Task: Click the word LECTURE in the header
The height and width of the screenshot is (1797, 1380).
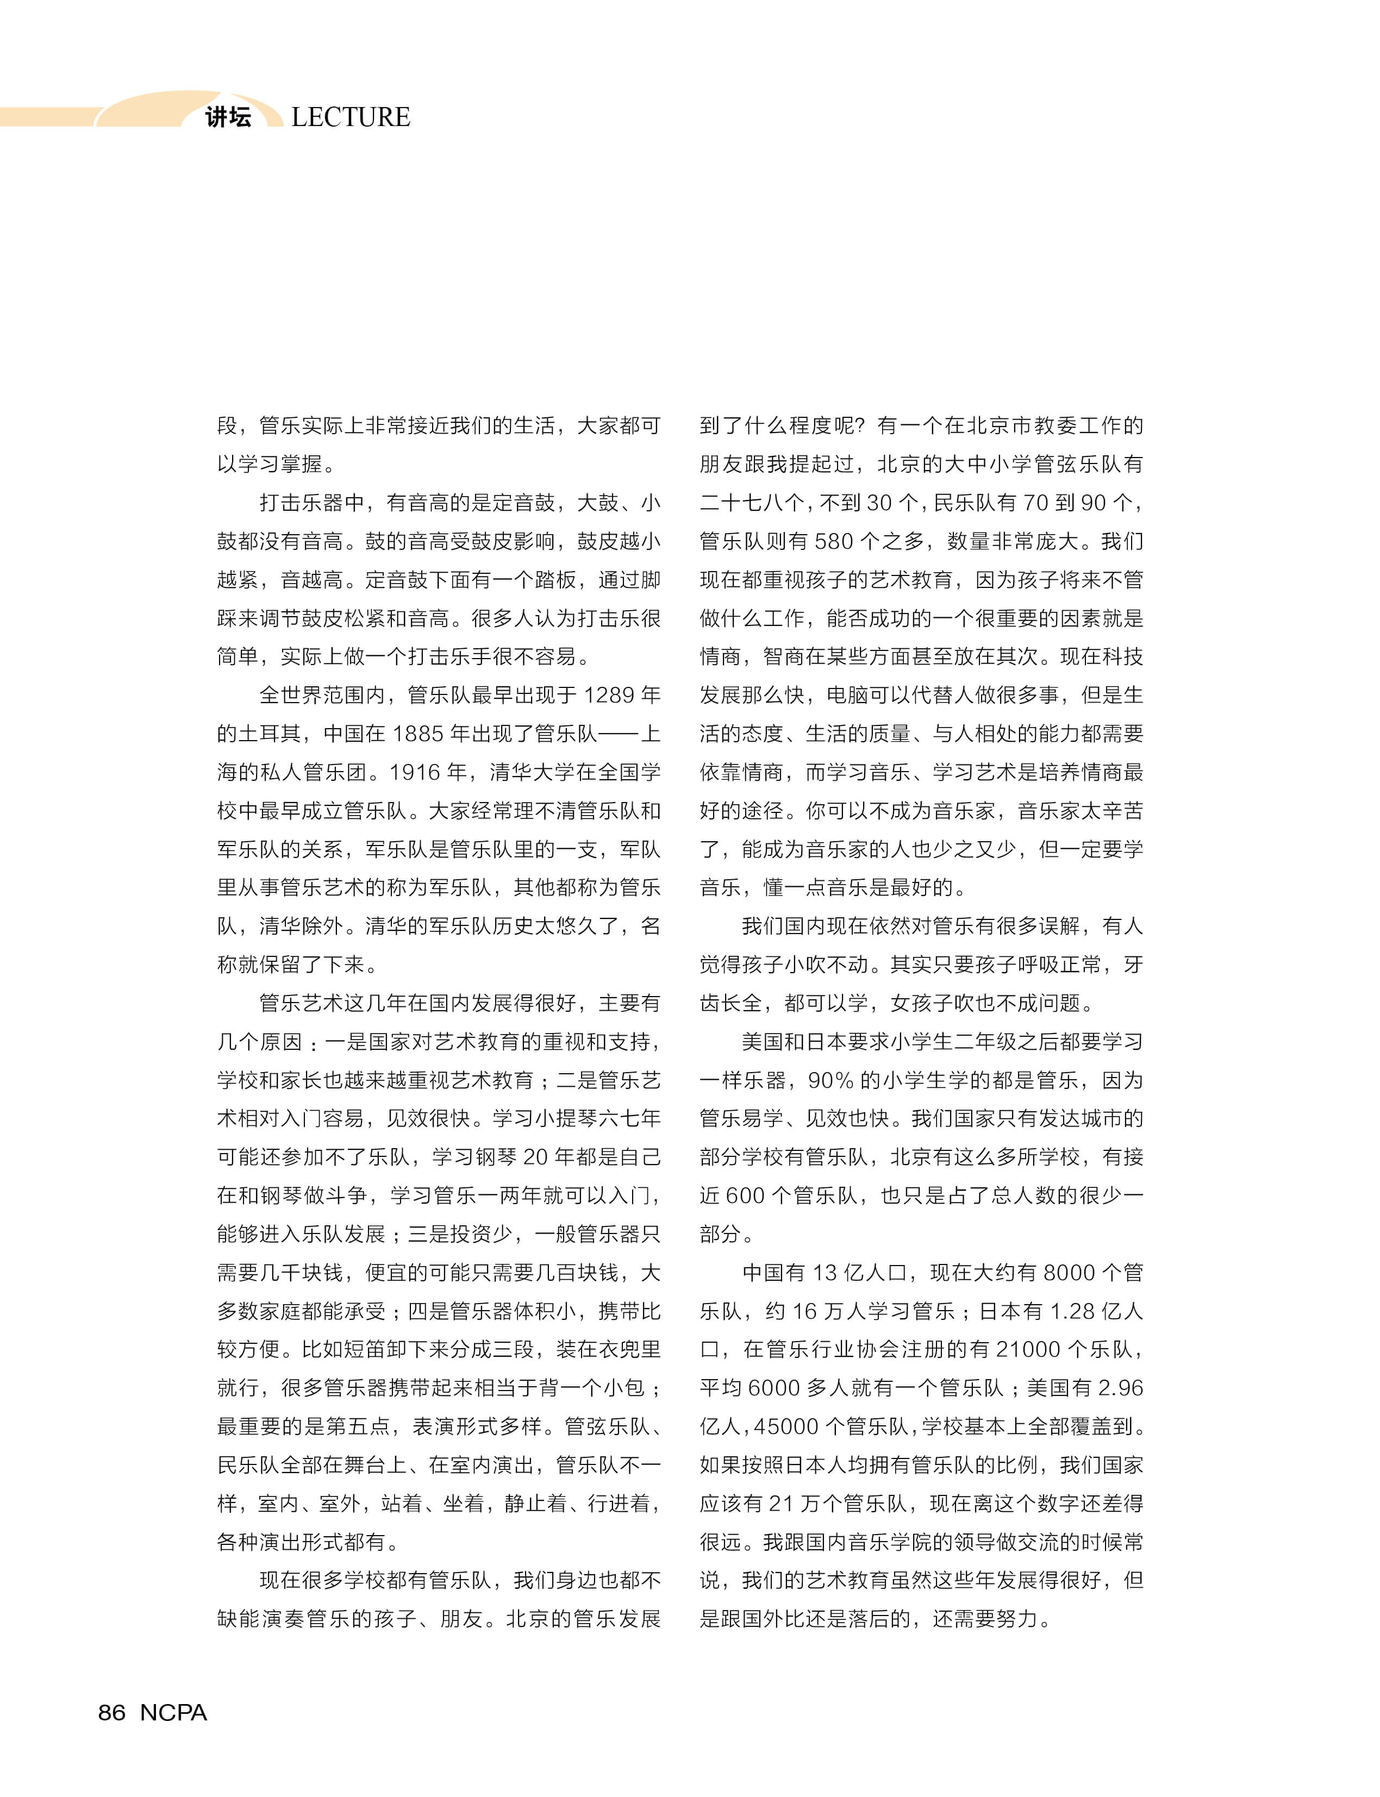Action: pyautogui.click(x=351, y=117)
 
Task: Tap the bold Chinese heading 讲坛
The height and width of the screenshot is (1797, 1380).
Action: pyautogui.click(x=228, y=117)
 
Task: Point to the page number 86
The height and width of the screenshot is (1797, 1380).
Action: pyautogui.click(x=112, y=1712)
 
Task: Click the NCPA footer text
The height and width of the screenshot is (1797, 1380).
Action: pyautogui.click(x=173, y=1712)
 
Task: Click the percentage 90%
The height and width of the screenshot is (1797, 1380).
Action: pyautogui.click(x=831, y=1081)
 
